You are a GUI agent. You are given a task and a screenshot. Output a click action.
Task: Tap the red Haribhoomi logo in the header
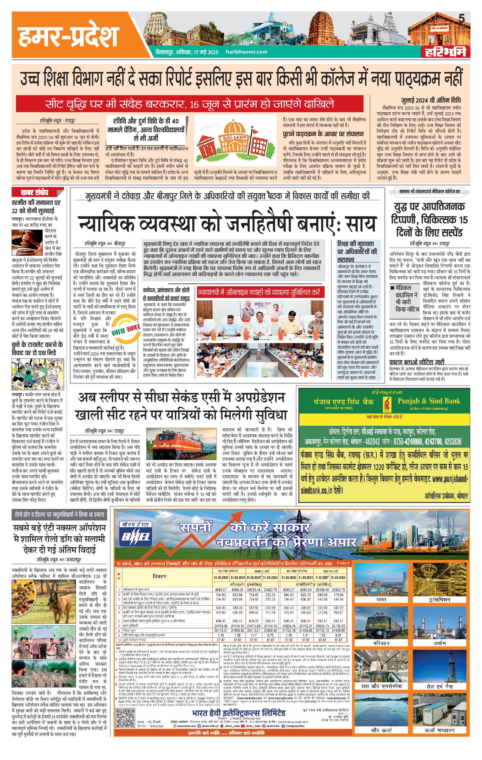pyautogui.click(x=445, y=52)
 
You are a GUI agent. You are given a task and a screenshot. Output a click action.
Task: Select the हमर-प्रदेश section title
pyautogui.click(x=68, y=37)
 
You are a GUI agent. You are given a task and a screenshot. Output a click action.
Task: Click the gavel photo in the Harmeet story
pyautogui.click(x=27, y=243)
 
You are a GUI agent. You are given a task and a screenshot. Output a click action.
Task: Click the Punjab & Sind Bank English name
pyautogui.click(x=428, y=401)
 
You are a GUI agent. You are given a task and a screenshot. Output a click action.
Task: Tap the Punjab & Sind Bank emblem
pyautogui.click(x=386, y=403)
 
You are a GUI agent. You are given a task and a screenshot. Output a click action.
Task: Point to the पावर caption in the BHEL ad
pyautogui.click(x=381, y=599)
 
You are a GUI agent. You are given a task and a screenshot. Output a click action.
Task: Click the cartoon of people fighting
pyautogui.click(x=37, y=375)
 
